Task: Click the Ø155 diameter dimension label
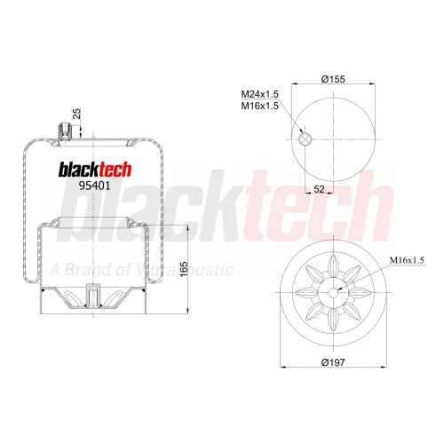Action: (333, 79)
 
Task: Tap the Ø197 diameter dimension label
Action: (333, 362)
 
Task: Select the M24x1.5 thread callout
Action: (259, 94)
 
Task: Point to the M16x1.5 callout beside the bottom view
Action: (407, 260)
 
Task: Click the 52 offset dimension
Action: (319, 189)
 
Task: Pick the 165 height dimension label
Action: (184, 269)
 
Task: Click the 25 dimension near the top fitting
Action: (76, 114)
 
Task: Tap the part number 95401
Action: (94, 186)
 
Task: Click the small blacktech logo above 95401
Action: (95, 170)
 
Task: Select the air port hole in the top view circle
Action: (305, 139)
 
